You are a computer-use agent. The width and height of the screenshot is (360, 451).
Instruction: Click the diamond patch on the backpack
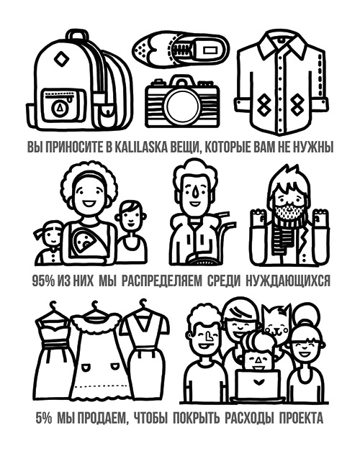coord(61,59)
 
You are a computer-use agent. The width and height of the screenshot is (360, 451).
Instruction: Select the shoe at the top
coord(181,47)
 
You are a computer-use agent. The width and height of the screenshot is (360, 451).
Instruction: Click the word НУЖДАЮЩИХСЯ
coord(288,281)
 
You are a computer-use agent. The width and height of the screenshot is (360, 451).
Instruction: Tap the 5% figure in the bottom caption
coord(43,418)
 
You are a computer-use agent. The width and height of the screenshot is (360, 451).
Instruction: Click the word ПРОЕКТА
coord(301,418)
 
